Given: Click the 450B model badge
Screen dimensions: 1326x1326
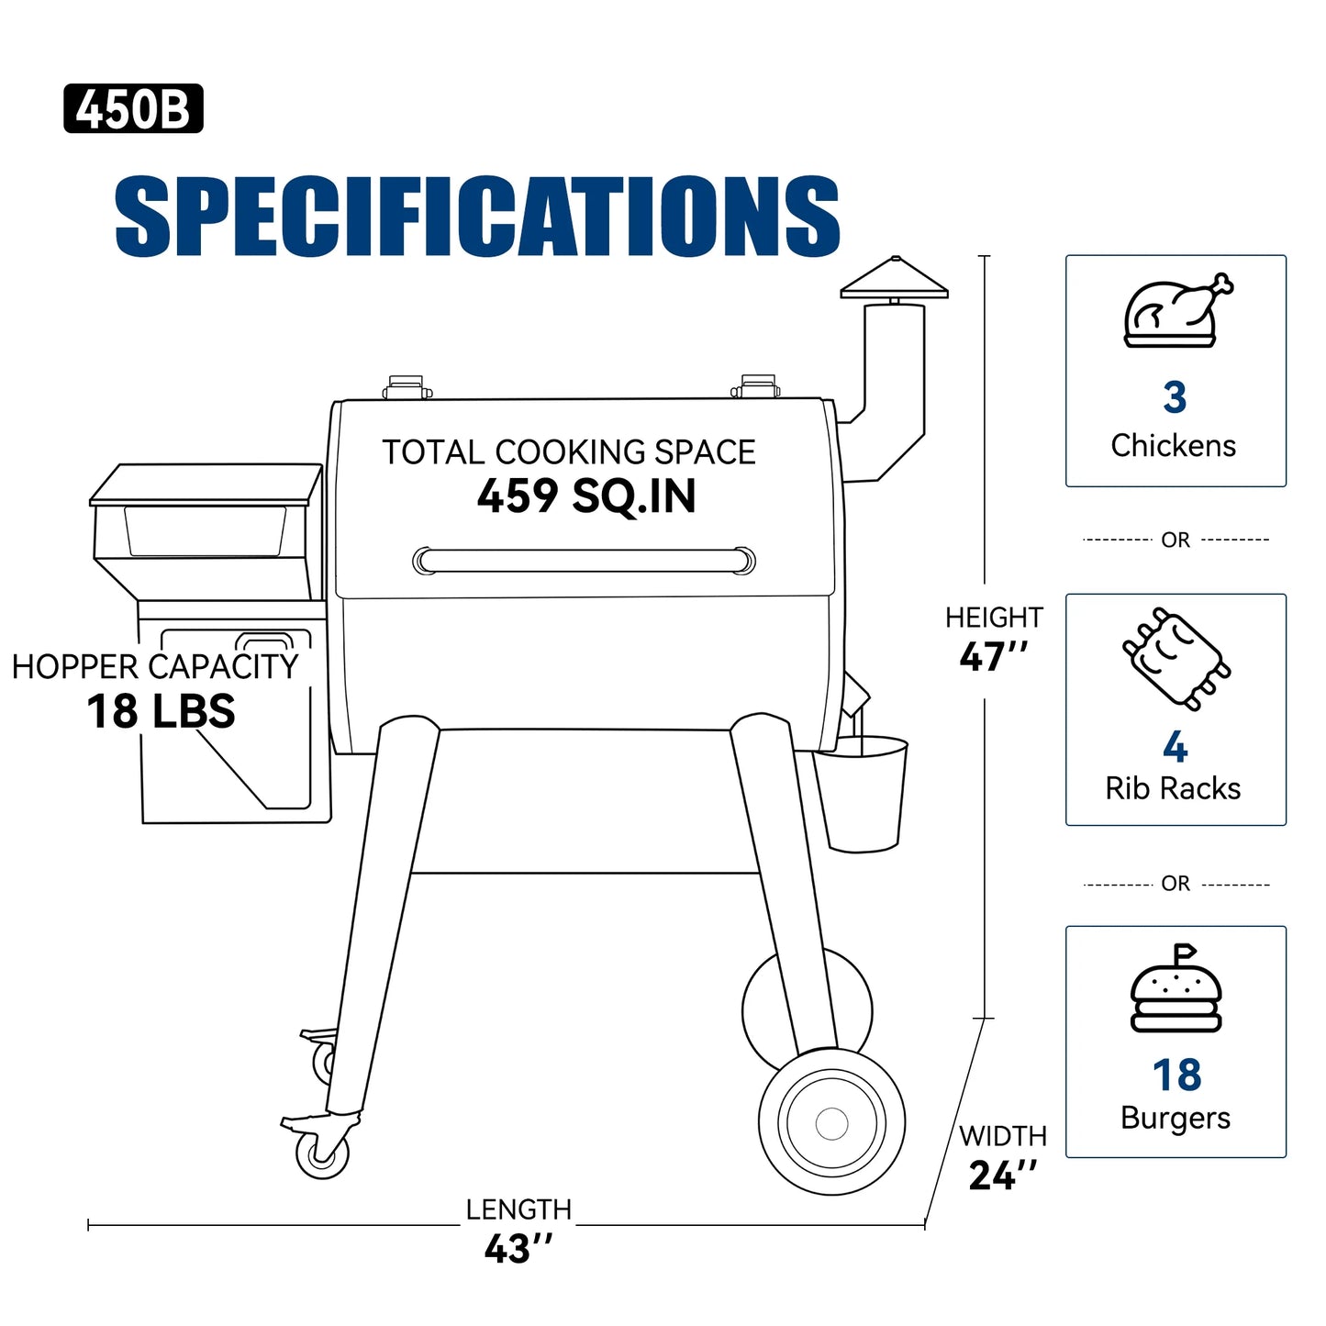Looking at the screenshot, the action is pos(133,108).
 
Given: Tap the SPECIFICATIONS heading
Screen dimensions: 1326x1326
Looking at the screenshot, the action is pos(477,217).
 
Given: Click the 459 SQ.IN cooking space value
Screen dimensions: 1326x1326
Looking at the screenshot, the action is pos(586,496).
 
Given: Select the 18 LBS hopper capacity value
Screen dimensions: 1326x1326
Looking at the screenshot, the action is pos(161,711).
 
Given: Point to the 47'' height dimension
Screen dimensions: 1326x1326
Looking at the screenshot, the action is pos(994,656).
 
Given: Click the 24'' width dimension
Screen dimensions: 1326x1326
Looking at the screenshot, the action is pos(1003,1176).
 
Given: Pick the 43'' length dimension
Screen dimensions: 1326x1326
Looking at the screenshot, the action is pos(518,1248).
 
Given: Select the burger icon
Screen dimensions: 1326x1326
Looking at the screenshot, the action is pos(1176,989).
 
